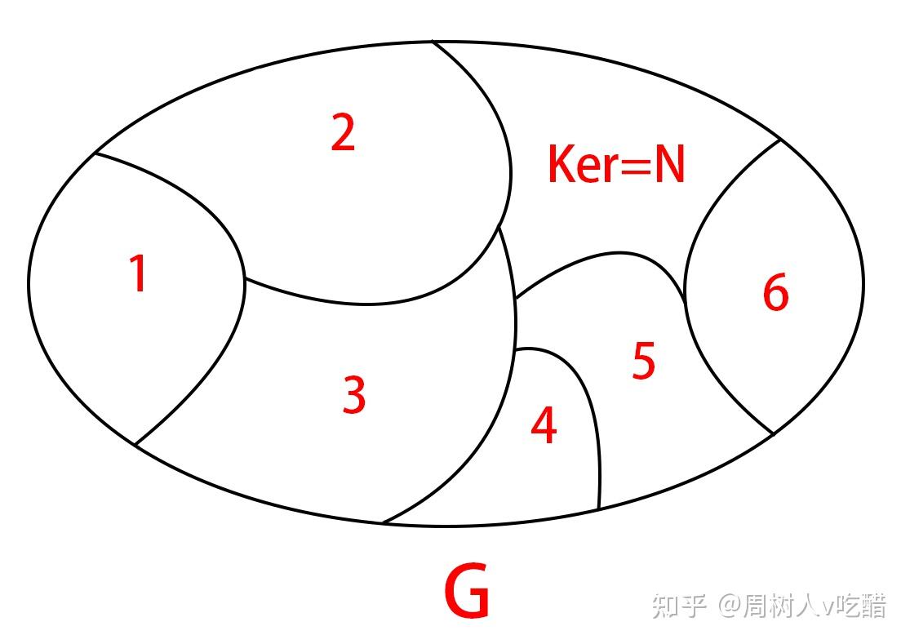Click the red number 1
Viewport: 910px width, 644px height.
tap(139, 273)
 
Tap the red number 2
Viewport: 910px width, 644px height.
tap(343, 133)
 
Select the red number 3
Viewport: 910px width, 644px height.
tap(354, 395)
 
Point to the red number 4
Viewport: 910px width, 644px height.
tap(544, 425)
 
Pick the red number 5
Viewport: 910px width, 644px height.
tap(644, 362)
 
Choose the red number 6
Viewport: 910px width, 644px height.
tap(775, 292)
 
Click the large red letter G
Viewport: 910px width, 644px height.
tap(467, 592)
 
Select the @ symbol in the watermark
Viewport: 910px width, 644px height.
tap(728, 606)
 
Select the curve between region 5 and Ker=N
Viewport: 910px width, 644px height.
tap(604, 255)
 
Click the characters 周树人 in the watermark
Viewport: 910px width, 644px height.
tap(779, 606)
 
